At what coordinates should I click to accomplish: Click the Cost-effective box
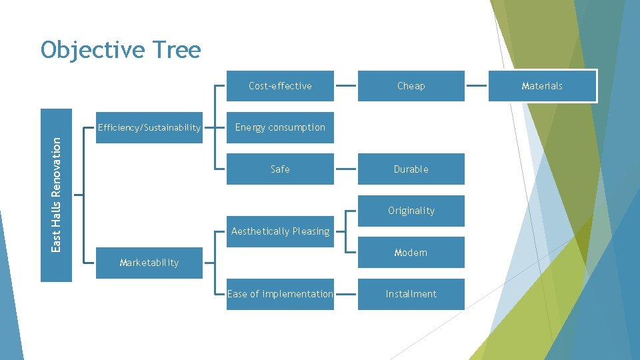tap(280, 86)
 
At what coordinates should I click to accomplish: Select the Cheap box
tap(411, 86)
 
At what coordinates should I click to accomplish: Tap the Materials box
tap(542, 86)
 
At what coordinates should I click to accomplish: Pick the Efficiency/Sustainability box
tap(149, 127)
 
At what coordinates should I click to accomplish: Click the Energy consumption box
tap(280, 127)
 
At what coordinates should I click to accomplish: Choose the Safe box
tap(280, 169)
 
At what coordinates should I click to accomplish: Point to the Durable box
tap(411, 169)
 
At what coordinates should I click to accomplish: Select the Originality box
tap(411, 211)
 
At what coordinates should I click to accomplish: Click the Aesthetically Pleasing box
tap(280, 231)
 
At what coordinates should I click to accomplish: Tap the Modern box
tap(411, 253)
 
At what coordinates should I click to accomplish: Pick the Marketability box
tap(149, 263)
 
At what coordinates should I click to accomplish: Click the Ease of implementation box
tap(280, 294)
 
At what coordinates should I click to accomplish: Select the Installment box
tap(411, 294)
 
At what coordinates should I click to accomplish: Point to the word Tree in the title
tap(176, 50)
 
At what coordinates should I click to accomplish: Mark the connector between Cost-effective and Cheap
tap(345, 86)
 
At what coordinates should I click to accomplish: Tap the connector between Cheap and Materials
tap(476, 86)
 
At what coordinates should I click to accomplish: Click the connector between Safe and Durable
tap(345, 169)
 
